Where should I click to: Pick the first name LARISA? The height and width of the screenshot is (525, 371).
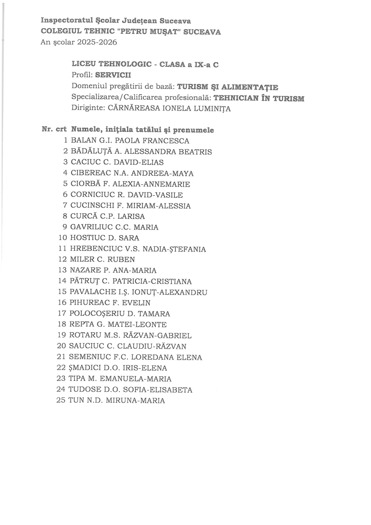[131, 217]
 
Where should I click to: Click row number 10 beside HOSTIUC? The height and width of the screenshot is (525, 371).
[63, 238]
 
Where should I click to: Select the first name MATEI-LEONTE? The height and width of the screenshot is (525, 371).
[142, 324]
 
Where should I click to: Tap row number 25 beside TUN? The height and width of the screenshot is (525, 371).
[61, 400]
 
